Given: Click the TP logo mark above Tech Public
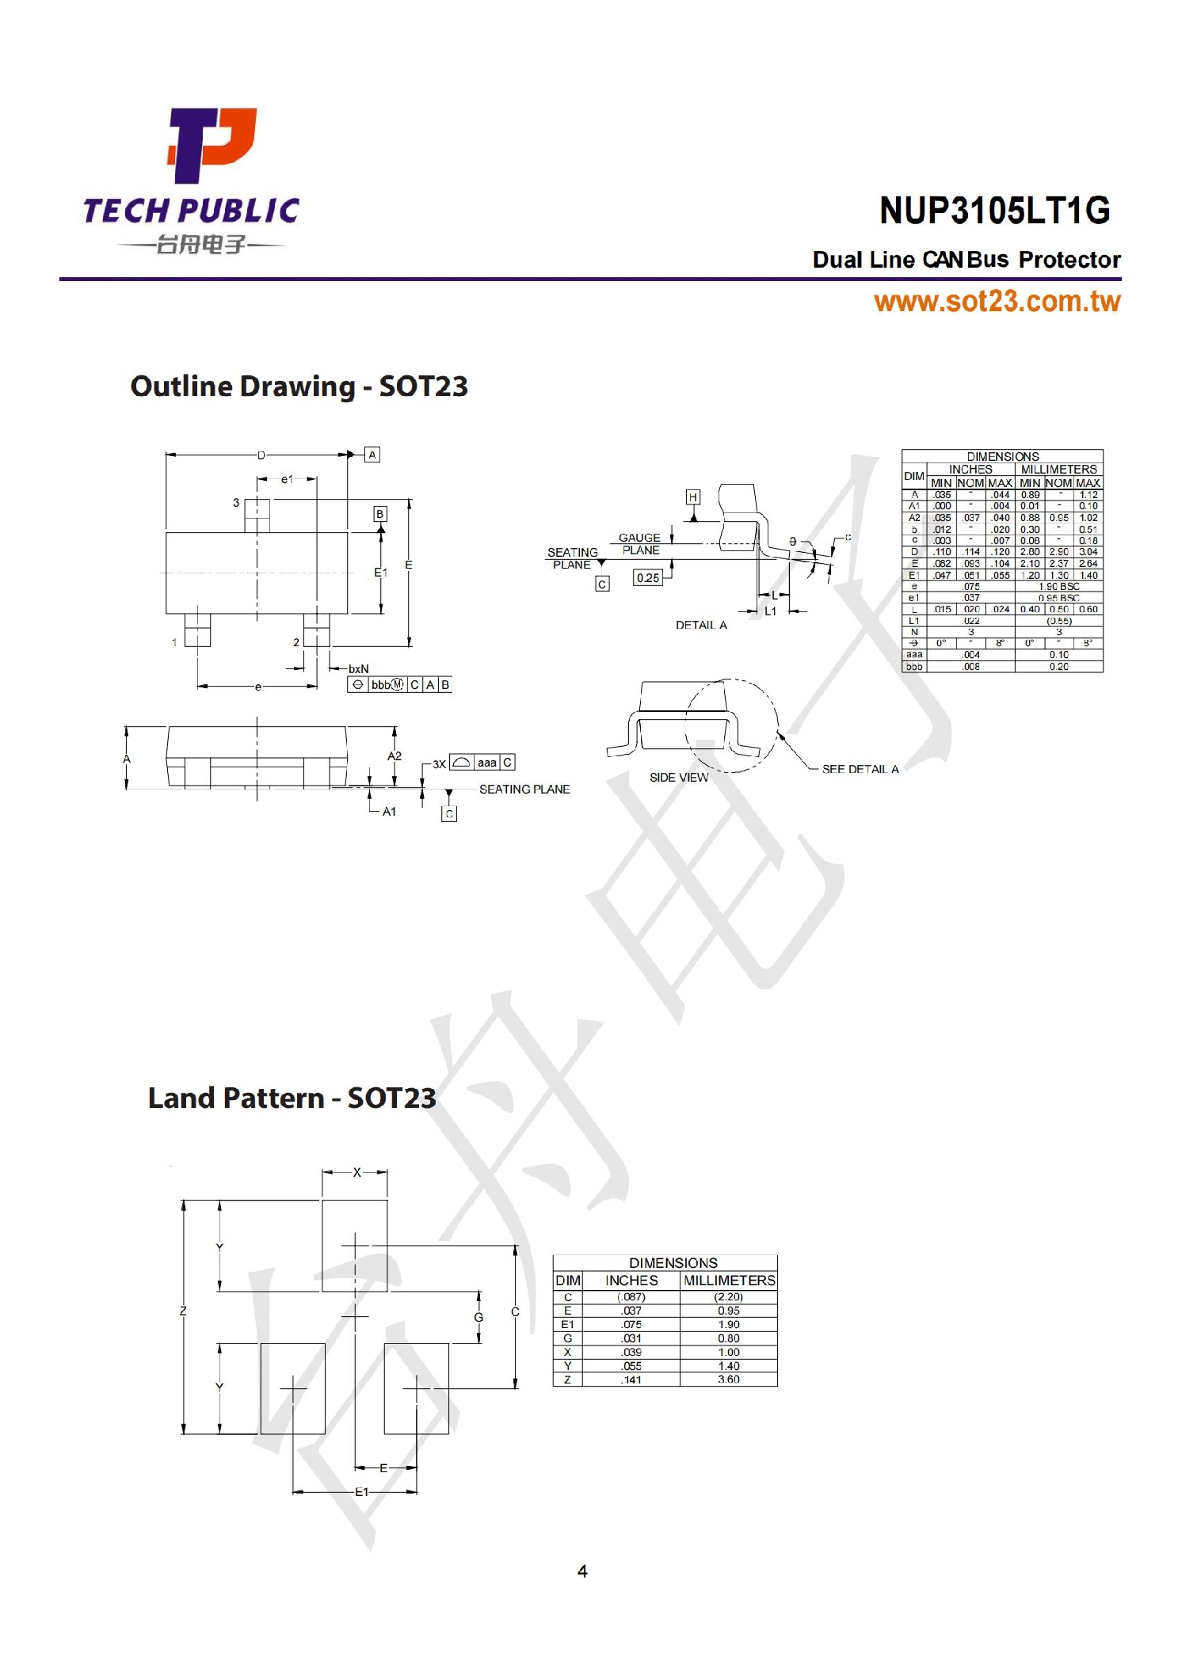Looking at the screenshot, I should pyautogui.click(x=211, y=145).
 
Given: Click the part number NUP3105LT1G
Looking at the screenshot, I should pyautogui.click(x=994, y=211).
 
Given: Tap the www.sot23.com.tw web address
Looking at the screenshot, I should pyautogui.click(x=997, y=302).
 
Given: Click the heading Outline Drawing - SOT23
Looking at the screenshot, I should pyautogui.click(x=299, y=386).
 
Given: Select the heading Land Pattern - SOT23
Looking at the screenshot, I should pyautogui.click(x=292, y=1098).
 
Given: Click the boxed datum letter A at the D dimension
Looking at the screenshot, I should pyautogui.click(x=372, y=455).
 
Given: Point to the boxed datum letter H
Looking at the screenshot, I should pyautogui.click(x=692, y=497).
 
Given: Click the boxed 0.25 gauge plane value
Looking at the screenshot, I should pyautogui.click(x=647, y=577).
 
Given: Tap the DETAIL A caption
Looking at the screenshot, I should pyautogui.click(x=700, y=625).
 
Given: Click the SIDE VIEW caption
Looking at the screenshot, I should pyautogui.click(x=678, y=778).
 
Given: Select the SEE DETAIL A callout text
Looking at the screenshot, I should pyautogui.click(x=860, y=769).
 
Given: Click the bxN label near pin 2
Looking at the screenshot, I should pyautogui.click(x=358, y=669).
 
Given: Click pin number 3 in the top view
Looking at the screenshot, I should pyautogui.click(x=235, y=502).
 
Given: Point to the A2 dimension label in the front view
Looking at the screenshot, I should pyautogui.click(x=394, y=756).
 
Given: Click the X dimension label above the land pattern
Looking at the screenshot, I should pyautogui.click(x=356, y=1172).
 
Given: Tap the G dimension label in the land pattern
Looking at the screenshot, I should pyautogui.click(x=478, y=1317).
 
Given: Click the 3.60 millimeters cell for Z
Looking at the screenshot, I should pyautogui.click(x=728, y=1379).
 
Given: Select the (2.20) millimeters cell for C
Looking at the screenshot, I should pyautogui.click(x=728, y=1296).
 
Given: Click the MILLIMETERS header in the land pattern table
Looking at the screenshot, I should pyautogui.click(x=729, y=1280).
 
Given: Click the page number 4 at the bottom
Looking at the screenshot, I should pyautogui.click(x=582, y=1571).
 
